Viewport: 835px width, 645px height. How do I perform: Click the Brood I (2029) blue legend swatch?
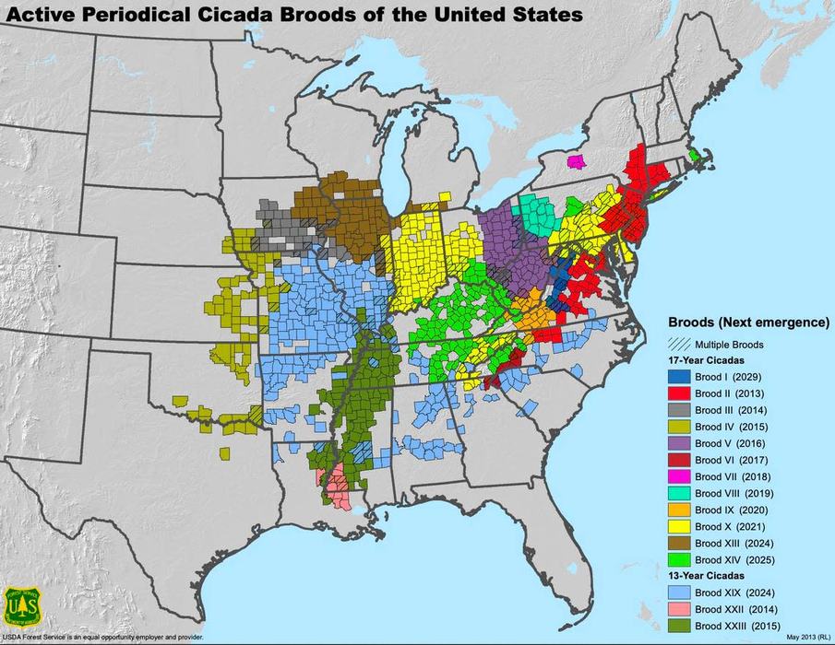(x=678, y=377)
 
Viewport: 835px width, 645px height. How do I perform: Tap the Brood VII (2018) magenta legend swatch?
(x=678, y=476)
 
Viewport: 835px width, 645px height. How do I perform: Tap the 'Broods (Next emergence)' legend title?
(x=748, y=322)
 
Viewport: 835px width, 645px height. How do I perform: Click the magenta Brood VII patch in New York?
(x=577, y=162)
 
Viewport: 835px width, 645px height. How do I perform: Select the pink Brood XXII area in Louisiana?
(x=338, y=486)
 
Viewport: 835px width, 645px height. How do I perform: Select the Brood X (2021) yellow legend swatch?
(x=678, y=526)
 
